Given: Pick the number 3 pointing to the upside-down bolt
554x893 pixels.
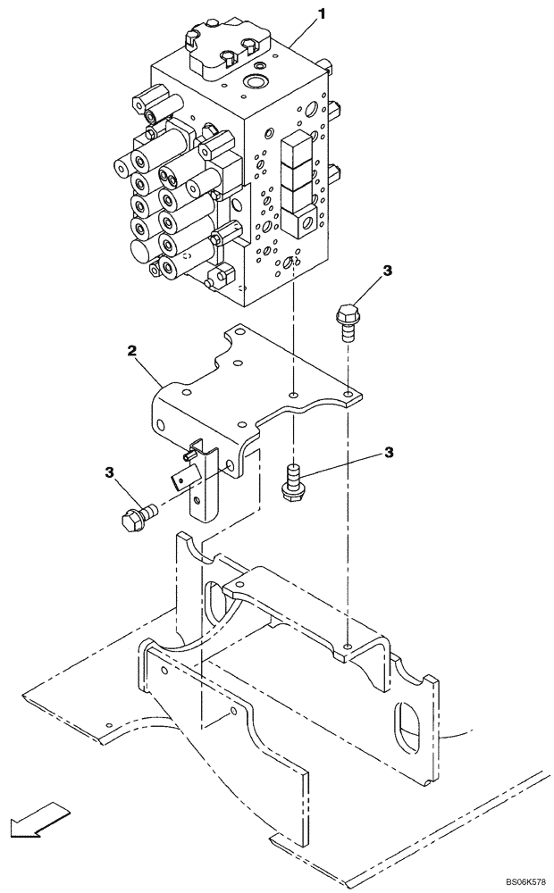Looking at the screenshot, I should click(x=389, y=453).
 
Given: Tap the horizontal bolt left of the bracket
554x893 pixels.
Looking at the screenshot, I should click(x=137, y=515).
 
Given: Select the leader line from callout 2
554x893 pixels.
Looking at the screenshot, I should click(x=149, y=371).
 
